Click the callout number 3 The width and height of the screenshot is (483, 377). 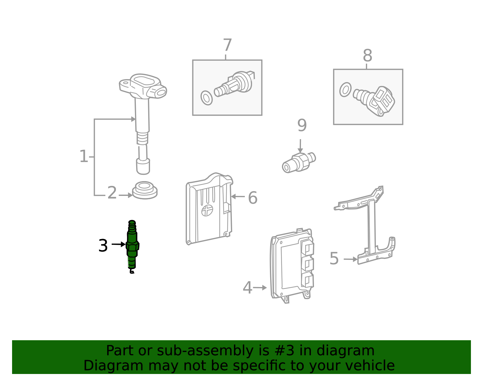(x=103, y=246)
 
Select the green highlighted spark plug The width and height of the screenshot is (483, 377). (x=133, y=247)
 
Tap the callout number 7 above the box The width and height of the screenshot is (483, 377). (x=227, y=45)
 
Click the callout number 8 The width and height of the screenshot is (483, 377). (x=367, y=56)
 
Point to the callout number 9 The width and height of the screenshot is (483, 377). (x=302, y=125)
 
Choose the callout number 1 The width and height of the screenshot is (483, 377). (x=84, y=156)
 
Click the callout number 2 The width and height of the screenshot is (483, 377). (x=112, y=193)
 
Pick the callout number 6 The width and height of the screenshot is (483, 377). (x=253, y=197)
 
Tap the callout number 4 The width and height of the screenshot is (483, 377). (x=248, y=287)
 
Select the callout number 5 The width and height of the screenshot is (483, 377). (x=334, y=258)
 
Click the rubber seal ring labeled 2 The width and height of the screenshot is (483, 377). (x=145, y=190)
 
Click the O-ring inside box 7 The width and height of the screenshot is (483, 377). (x=206, y=98)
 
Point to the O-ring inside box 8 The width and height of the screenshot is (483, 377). (x=345, y=90)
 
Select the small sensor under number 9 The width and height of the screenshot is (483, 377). (x=299, y=163)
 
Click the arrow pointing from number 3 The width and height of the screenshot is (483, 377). (x=118, y=244)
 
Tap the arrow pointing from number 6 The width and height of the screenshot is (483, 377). (x=238, y=196)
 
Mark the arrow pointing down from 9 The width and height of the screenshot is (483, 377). (x=300, y=146)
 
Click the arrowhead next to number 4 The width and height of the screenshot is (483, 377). (x=264, y=288)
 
